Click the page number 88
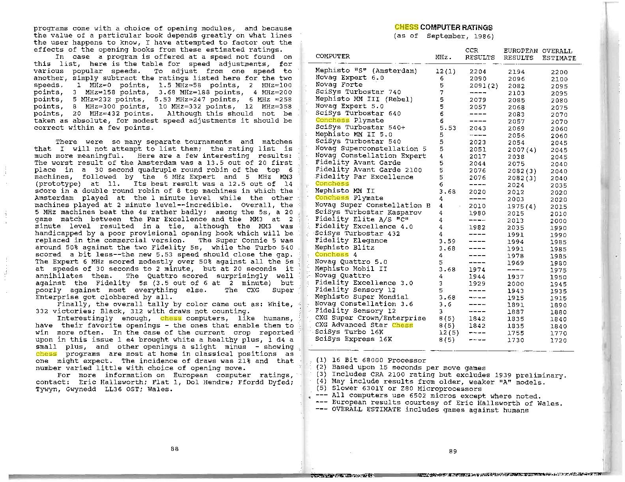point(175,448)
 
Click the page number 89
point(453,451)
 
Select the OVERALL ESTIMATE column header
point(559,54)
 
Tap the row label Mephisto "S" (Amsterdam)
point(366,71)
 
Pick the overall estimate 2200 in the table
point(559,72)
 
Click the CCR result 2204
point(478,71)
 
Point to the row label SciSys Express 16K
point(354,339)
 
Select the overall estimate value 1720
point(559,340)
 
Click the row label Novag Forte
point(339,85)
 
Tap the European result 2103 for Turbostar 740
point(516,93)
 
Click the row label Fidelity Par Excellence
point(364,177)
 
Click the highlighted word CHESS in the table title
point(406,27)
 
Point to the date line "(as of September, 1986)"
point(443,36)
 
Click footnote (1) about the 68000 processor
point(373,360)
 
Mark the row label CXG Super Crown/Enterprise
point(371,318)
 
